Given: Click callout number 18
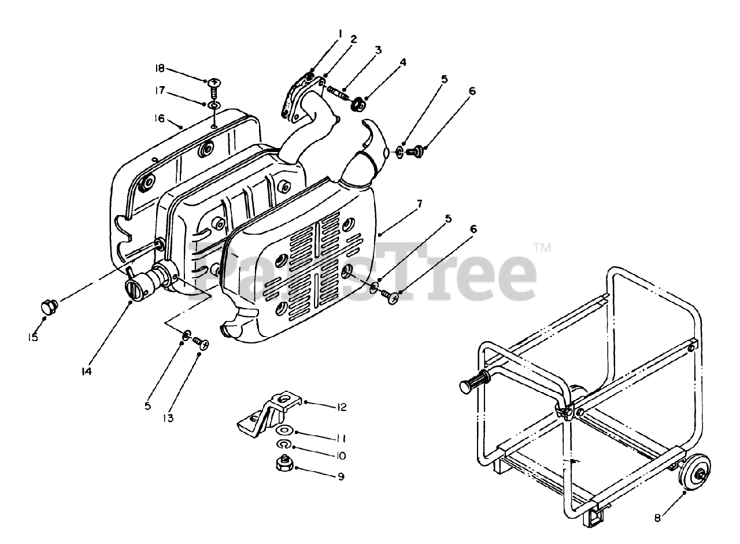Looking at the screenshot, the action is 159,69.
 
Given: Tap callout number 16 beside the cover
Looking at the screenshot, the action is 159,119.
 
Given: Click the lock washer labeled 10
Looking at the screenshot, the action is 283,444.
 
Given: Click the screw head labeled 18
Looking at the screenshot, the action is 212,83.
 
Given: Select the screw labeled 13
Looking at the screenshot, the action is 202,343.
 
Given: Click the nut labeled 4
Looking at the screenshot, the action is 358,105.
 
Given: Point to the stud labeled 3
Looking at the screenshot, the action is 338,92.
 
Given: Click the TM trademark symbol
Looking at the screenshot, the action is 542,248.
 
